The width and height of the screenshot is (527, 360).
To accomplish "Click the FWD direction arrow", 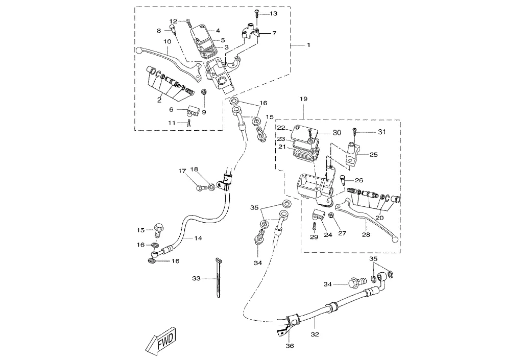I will coord(160,341).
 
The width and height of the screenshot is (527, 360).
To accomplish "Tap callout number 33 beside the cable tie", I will coord(197,278).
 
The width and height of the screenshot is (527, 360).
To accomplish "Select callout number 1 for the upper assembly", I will coord(308,45).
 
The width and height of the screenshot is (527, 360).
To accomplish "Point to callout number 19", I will coord(303,98).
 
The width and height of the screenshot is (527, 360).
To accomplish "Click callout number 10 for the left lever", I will coord(167,41).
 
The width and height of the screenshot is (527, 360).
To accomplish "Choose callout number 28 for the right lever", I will coord(366,234).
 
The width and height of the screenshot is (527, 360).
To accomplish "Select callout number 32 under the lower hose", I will coord(315,334).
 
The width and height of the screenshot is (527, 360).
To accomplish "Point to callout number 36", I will coord(290,346).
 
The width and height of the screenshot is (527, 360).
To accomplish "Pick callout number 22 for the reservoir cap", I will coord(281,128).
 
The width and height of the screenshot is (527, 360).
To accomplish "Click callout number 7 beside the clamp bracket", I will coord(274,33).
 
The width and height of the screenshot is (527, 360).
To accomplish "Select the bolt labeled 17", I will coord(200,188).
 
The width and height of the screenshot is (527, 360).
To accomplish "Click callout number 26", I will coord(359,180).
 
